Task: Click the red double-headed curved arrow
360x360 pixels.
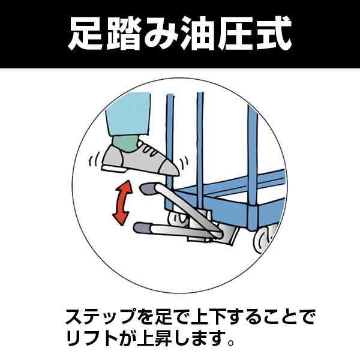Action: tap(124, 203)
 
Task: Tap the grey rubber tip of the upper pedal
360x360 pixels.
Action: tap(148, 190)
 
